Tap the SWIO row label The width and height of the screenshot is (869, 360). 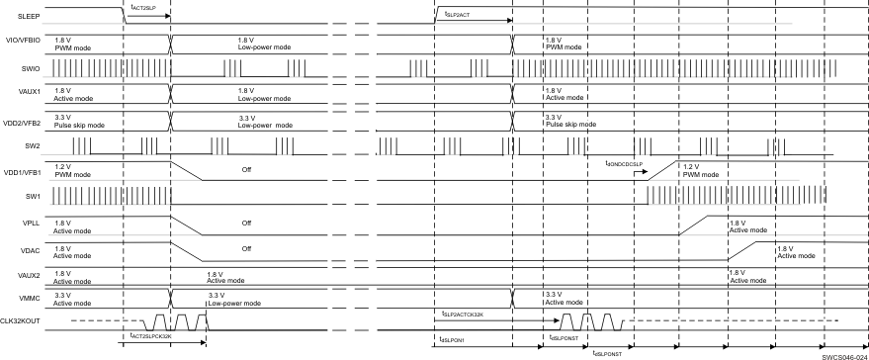pyautogui.click(x=15, y=67)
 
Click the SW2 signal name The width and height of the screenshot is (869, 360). pyautogui.click(x=13, y=144)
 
